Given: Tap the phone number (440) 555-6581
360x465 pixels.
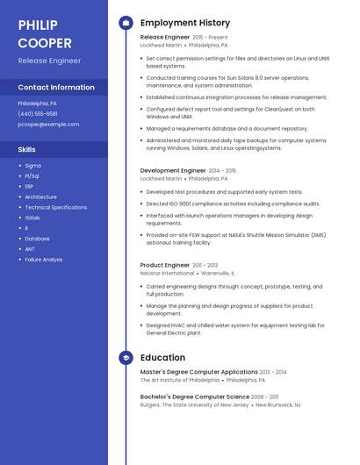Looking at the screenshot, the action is [38, 113].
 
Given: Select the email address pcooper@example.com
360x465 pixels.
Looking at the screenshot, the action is [48, 124].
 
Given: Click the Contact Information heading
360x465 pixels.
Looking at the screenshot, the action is [56, 88].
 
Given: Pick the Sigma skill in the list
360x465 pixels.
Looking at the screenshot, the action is [33, 166].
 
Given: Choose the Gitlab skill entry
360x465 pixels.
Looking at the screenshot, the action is [32, 218].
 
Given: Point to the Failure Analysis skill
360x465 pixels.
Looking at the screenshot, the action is [44, 260].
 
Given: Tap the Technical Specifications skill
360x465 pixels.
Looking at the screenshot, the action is [56, 207].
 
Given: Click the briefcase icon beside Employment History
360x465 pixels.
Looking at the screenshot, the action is [126, 23].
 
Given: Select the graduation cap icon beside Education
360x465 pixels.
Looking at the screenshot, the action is [126, 358].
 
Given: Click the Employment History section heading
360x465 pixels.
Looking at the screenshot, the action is [185, 23].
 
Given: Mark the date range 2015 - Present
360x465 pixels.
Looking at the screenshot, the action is [210, 38].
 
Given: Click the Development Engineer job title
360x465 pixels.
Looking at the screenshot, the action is [173, 170].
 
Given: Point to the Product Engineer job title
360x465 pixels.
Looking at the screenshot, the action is [165, 265].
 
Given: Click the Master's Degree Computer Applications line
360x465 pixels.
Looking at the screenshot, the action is [198, 372].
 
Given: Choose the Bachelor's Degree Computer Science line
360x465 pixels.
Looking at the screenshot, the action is [195, 397].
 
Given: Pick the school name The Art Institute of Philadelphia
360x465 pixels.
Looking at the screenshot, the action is [180, 380].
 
